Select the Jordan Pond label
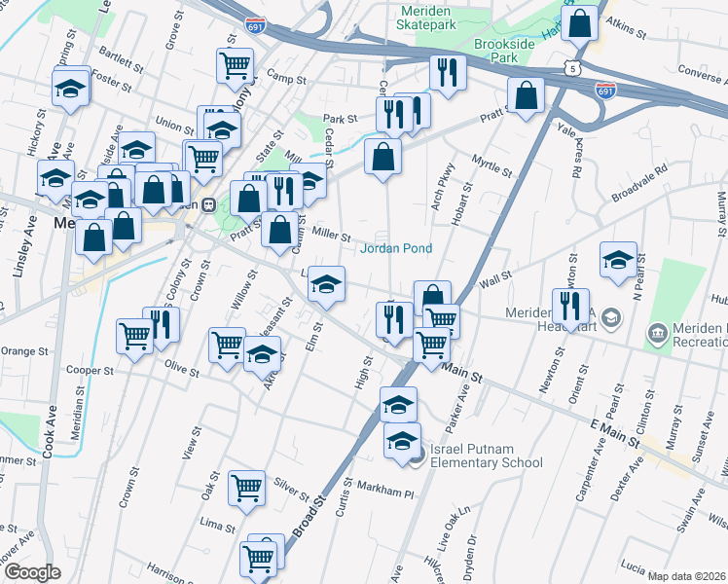[396, 248]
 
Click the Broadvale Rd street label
[639, 182]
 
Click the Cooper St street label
[91, 371]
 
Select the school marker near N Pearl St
[618, 259]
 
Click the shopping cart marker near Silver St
[247, 488]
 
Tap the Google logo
[32, 572]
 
